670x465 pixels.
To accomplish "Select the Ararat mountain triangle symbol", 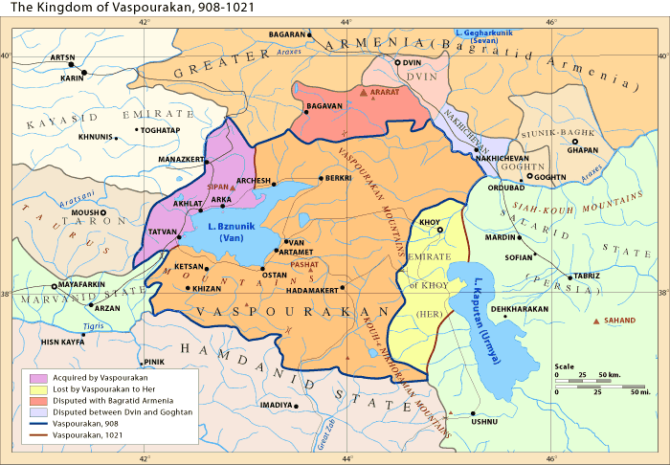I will pos(363,94).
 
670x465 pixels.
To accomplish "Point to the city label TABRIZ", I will pos(587,276).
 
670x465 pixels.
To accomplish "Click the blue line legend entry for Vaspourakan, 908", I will pos(38,423).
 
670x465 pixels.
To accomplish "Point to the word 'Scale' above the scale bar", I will pos(564,366).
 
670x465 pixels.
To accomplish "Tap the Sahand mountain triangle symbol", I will pos(598,321).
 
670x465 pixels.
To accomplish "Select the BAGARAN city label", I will pos(286,34).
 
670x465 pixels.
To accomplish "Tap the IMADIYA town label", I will pos(276,405).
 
